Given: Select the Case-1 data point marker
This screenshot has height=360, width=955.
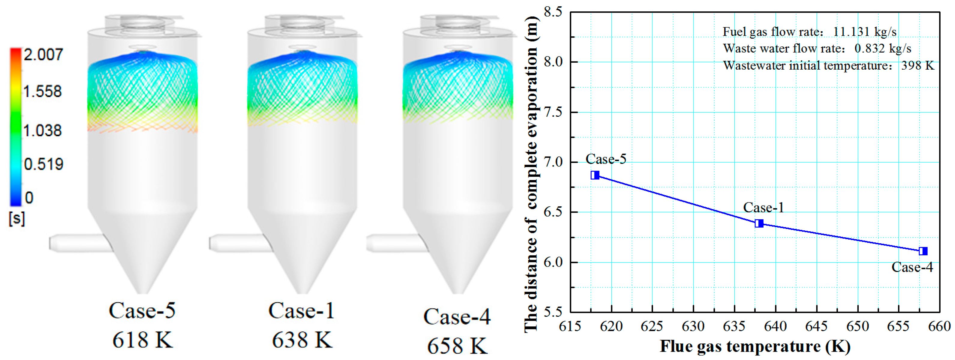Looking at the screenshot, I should point(759,223).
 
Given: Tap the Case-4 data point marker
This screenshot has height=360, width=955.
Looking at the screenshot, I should point(923,251).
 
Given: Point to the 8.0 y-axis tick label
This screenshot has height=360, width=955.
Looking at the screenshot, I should point(553,62).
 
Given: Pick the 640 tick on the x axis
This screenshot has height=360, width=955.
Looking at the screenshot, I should point(776,326).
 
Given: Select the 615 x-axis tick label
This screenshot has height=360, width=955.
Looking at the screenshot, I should point(570,326).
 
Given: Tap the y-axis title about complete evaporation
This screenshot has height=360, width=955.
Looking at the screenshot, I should point(531,174).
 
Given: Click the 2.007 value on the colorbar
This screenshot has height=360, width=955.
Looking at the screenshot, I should point(44,55).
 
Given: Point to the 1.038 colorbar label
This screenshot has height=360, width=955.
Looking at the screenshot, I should point(43,131).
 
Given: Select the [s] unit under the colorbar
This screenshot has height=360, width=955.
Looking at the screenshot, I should point(17,219).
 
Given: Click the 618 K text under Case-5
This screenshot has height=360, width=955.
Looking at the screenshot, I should point(143,340).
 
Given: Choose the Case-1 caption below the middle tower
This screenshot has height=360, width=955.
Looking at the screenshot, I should point(301,311).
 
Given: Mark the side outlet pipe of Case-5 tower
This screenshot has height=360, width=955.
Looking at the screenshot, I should point(80,243).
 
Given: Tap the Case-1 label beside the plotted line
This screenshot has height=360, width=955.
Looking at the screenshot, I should point(763,208).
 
